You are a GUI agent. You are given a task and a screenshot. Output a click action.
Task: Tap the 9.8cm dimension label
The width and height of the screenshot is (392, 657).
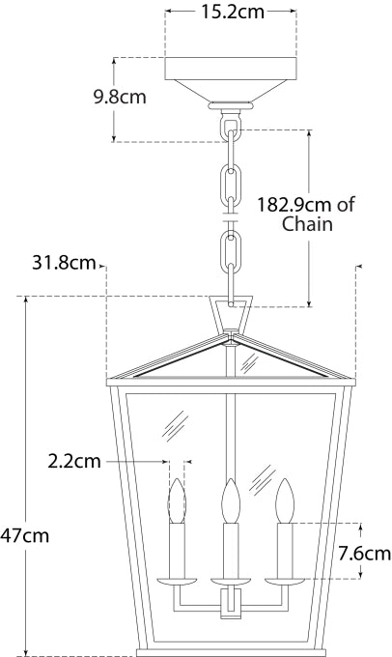click(121, 98)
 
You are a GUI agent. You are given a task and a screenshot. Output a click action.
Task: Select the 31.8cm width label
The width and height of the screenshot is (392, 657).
click(63, 262)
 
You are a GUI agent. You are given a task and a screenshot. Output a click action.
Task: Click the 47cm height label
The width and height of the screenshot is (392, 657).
click(25, 534)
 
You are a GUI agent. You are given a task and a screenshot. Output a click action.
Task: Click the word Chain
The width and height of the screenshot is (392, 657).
click(308, 225)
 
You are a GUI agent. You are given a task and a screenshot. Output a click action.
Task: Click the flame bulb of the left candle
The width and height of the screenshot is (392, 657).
click(177, 502)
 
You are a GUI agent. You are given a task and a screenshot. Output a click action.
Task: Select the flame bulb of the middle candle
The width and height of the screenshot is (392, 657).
click(230, 500)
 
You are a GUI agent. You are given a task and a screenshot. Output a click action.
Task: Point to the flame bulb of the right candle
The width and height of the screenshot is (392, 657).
click(284, 501)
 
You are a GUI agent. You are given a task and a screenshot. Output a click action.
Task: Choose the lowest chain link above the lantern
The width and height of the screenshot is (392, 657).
click(230, 255)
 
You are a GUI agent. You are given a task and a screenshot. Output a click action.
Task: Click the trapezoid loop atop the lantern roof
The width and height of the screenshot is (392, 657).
click(230, 314)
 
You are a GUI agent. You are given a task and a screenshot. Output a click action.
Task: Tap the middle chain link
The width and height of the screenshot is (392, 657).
click(230, 183)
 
